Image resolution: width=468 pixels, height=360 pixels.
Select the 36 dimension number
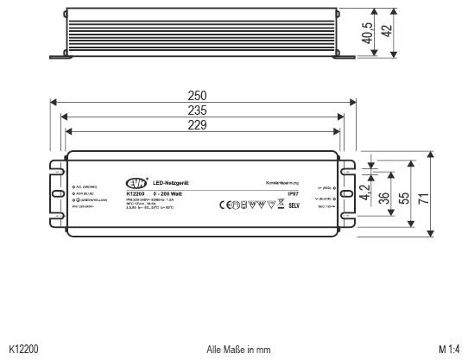click(x=383, y=198)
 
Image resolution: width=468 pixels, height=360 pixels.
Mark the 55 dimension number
click(x=403, y=198)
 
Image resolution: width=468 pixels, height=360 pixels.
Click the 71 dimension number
click(x=423, y=198)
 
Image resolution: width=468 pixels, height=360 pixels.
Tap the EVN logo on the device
click(x=136, y=183)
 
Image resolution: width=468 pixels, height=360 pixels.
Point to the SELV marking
click(x=293, y=205)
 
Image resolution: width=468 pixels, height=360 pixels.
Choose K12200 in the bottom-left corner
click(x=22, y=349)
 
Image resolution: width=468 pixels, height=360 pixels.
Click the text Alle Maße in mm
click(x=239, y=349)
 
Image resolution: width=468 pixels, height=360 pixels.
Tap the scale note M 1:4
click(x=448, y=349)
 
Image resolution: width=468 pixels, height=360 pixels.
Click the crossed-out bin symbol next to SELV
click(x=280, y=205)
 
